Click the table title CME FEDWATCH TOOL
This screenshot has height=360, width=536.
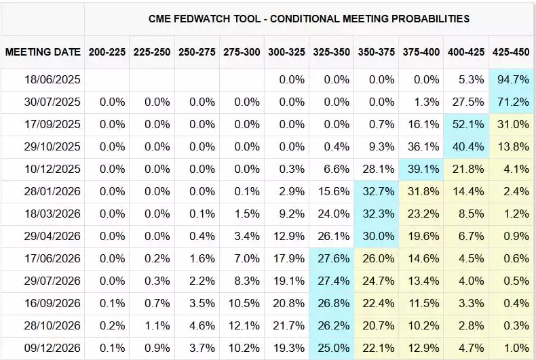pyautogui.click(x=309, y=18)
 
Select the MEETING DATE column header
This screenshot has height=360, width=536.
pyautogui.click(x=43, y=52)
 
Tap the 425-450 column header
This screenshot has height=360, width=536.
pyautogui.click(x=510, y=52)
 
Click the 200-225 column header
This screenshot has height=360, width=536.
pyautogui.click(x=107, y=52)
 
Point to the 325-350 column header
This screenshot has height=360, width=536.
pyautogui.click(x=331, y=52)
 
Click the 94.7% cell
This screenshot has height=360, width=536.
pyautogui.click(x=512, y=80)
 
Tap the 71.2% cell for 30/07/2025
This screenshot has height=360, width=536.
pyautogui.click(x=512, y=102)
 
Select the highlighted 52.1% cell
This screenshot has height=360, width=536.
pyautogui.click(x=467, y=125)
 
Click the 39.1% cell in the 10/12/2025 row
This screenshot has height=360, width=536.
pyautogui.click(x=423, y=169)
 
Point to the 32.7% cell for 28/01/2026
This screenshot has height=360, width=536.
pyautogui.click(x=378, y=192)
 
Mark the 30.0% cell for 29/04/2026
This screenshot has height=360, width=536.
pyautogui.click(x=378, y=236)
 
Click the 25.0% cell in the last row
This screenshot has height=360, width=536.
pyautogui.click(x=333, y=348)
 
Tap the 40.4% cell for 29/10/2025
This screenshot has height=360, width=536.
pyautogui.click(x=467, y=147)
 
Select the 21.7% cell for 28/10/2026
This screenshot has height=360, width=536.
pyautogui.click(x=288, y=325)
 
